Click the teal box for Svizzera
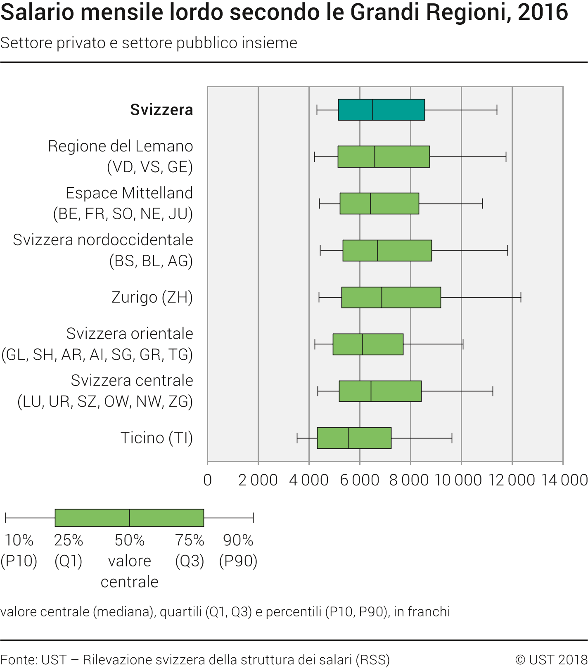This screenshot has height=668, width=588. [x=381, y=110]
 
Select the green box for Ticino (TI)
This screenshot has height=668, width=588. [x=354, y=438]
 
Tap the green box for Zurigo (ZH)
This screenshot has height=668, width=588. [x=391, y=297]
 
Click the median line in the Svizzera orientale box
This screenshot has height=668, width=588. [x=362, y=344]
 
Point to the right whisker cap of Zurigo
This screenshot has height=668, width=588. [x=521, y=297]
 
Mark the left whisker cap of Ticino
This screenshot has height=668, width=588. [x=297, y=438]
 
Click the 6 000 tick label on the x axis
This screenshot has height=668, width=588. [x=359, y=480]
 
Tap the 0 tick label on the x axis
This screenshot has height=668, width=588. [x=208, y=480]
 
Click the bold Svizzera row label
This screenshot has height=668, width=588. [x=161, y=110]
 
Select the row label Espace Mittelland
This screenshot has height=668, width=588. [x=129, y=193]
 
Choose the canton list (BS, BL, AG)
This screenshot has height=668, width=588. [x=151, y=261]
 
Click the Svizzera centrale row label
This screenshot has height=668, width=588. [x=132, y=381]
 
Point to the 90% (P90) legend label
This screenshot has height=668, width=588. [x=238, y=550]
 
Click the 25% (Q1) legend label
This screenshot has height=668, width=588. [x=69, y=550]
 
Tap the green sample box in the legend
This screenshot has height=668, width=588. [x=129, y=518]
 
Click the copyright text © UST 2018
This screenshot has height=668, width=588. [x=551, y=660]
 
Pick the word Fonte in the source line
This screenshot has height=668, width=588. [x=18, y=660]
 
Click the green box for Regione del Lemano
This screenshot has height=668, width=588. [x=384, y=157]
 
